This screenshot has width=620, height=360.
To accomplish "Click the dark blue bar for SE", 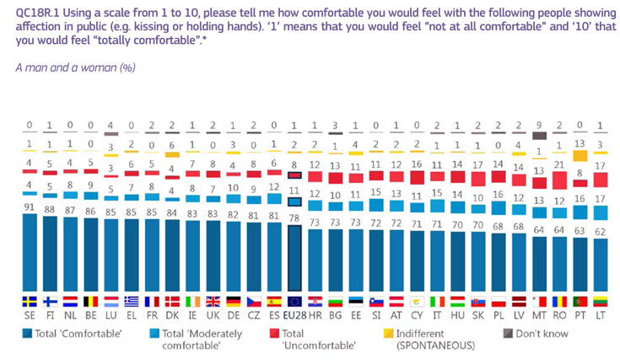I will tap(30, 253).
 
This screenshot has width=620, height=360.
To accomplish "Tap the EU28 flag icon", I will tap(295, 301).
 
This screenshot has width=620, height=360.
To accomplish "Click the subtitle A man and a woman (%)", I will tap(75, 67).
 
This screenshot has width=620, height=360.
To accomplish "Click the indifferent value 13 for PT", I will tap(580, 144).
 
